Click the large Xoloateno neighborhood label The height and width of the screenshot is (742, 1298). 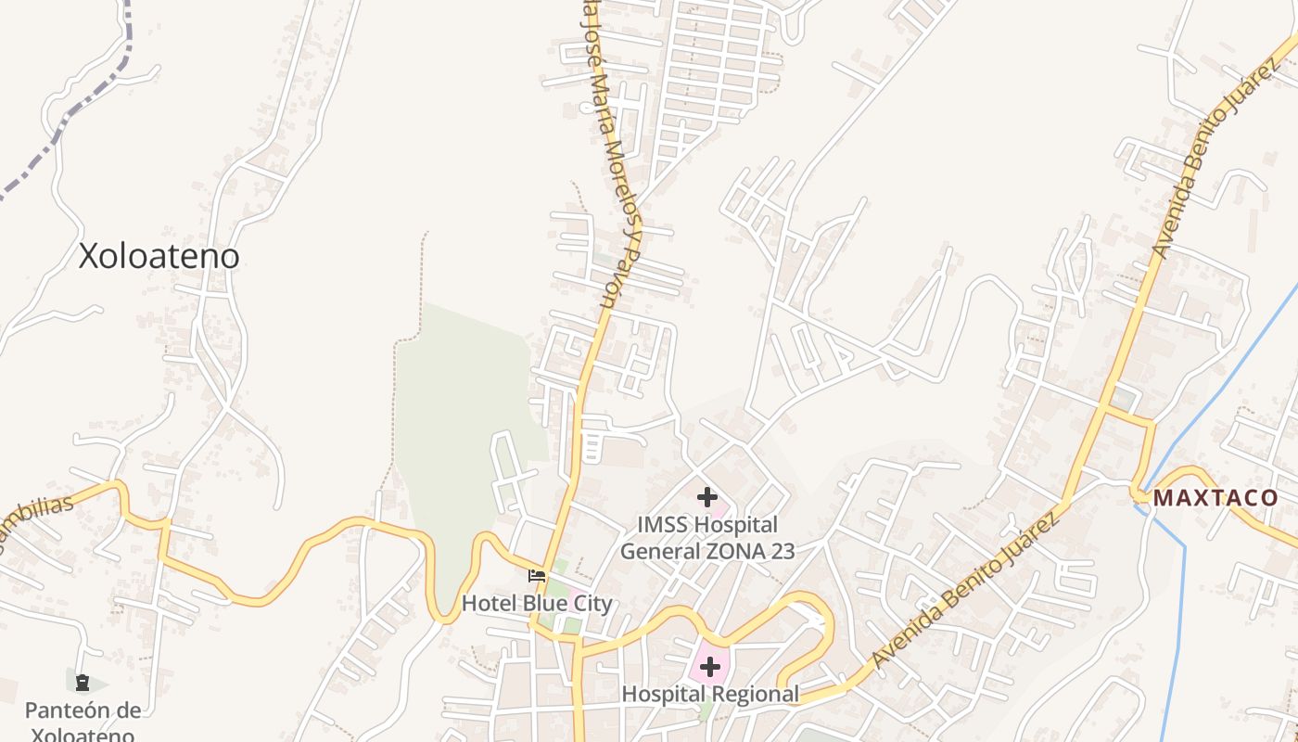click(159, 256)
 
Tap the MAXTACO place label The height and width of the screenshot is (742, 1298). click(1215, 498)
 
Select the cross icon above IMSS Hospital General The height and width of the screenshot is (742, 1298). click(707, 497)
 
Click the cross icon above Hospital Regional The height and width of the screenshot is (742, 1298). click(710, 667)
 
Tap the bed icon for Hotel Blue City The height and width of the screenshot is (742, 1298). click(537, 576)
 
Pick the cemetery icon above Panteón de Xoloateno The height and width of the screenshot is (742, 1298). click(83, 684)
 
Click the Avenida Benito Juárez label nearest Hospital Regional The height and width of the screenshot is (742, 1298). click(964, 589)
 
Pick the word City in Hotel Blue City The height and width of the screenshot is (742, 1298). click(593, 604)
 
